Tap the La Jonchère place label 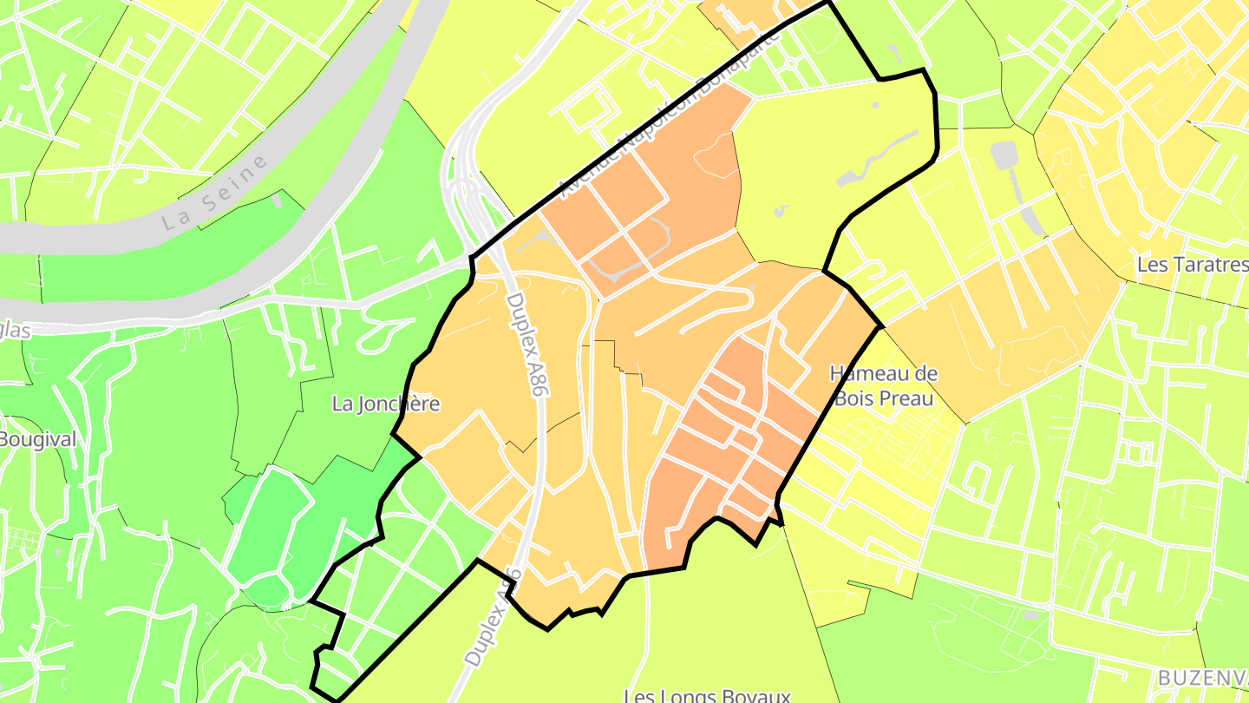click(386, 404)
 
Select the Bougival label click(37, 439)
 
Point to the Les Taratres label click(1193, 264)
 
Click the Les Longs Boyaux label click(707, 695)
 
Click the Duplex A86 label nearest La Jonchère click(528, 345)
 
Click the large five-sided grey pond click(1004, 155)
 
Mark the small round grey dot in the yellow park click(874, 105)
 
